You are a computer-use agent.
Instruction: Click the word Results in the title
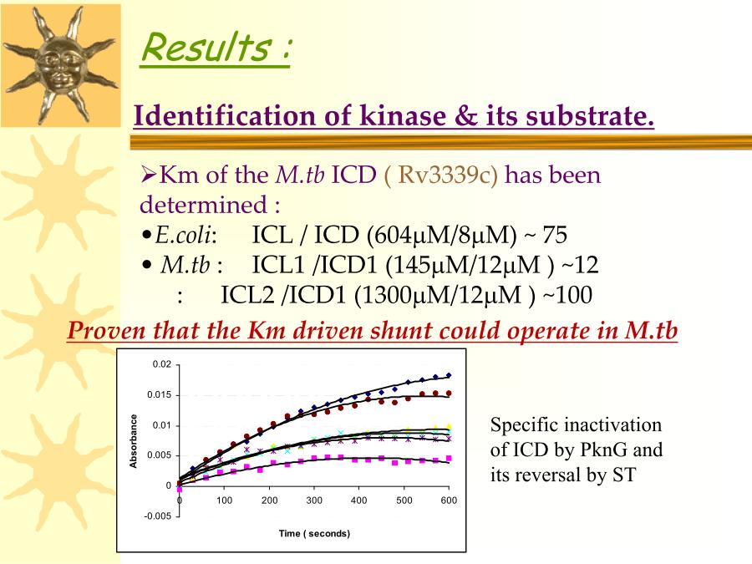click(206, 47)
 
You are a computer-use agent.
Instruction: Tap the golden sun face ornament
click(60, 64)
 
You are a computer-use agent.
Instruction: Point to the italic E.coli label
click(183, 235)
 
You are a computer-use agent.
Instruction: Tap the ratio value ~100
click(567, 295)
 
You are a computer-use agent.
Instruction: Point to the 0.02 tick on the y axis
click(161, 364)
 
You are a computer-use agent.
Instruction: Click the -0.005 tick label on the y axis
click(157, 516)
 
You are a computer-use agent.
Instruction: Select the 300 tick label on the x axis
click(314, 500)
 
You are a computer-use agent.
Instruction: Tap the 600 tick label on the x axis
click(449, 500)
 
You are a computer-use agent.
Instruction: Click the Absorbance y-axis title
click(134, 440)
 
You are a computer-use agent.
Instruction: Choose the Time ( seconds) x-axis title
click(314, 533)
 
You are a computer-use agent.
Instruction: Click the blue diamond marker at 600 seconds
click(449, 375)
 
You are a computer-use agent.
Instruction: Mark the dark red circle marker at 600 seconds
click(449, 394)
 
